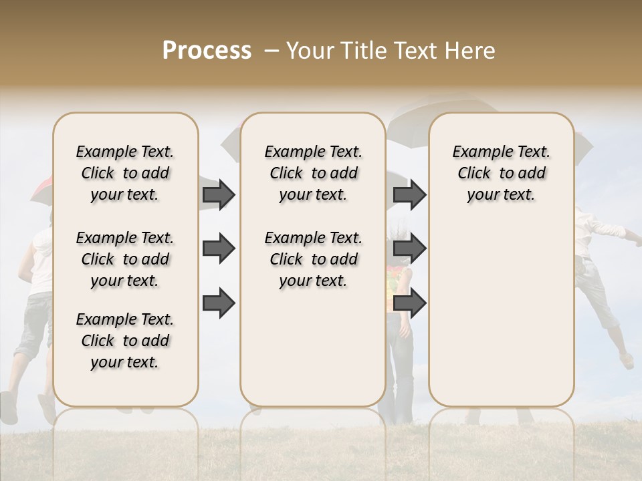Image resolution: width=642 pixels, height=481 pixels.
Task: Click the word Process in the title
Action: [207, 51]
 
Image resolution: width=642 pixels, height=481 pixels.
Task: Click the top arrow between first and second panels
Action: [219, 194]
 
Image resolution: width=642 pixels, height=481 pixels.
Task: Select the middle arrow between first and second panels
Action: [219, 249]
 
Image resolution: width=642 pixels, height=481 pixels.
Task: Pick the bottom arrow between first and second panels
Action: [219, 303]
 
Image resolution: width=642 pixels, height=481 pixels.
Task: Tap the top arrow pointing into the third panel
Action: [409, 194]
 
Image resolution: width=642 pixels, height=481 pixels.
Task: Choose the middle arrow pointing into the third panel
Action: [409, 249]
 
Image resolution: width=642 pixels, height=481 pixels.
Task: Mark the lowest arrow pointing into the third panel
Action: [409, 303]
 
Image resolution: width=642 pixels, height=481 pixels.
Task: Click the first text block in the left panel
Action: [125, 173]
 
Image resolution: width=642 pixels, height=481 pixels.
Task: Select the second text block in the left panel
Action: [125, 259]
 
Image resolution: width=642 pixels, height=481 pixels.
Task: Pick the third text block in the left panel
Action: [125, 341]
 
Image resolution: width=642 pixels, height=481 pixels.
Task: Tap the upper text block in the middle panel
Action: [313, 173]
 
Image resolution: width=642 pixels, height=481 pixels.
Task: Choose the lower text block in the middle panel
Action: [313, 259]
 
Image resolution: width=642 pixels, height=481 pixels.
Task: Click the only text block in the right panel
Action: [501, 173]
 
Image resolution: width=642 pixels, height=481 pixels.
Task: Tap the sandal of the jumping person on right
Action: [626, 361]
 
